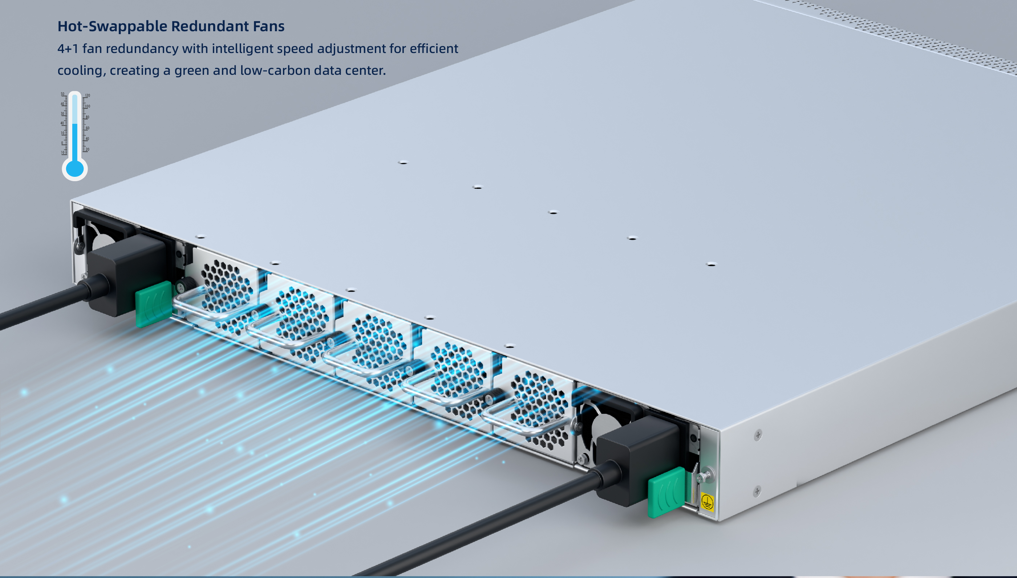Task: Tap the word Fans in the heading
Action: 268,26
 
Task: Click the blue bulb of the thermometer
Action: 75,168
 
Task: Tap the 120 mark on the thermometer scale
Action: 88,95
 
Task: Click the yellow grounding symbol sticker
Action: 707,502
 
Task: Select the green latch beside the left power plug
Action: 154,304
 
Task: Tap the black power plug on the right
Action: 637,460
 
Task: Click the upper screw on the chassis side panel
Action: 758,435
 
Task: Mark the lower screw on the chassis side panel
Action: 757,491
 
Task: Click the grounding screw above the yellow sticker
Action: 706,475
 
